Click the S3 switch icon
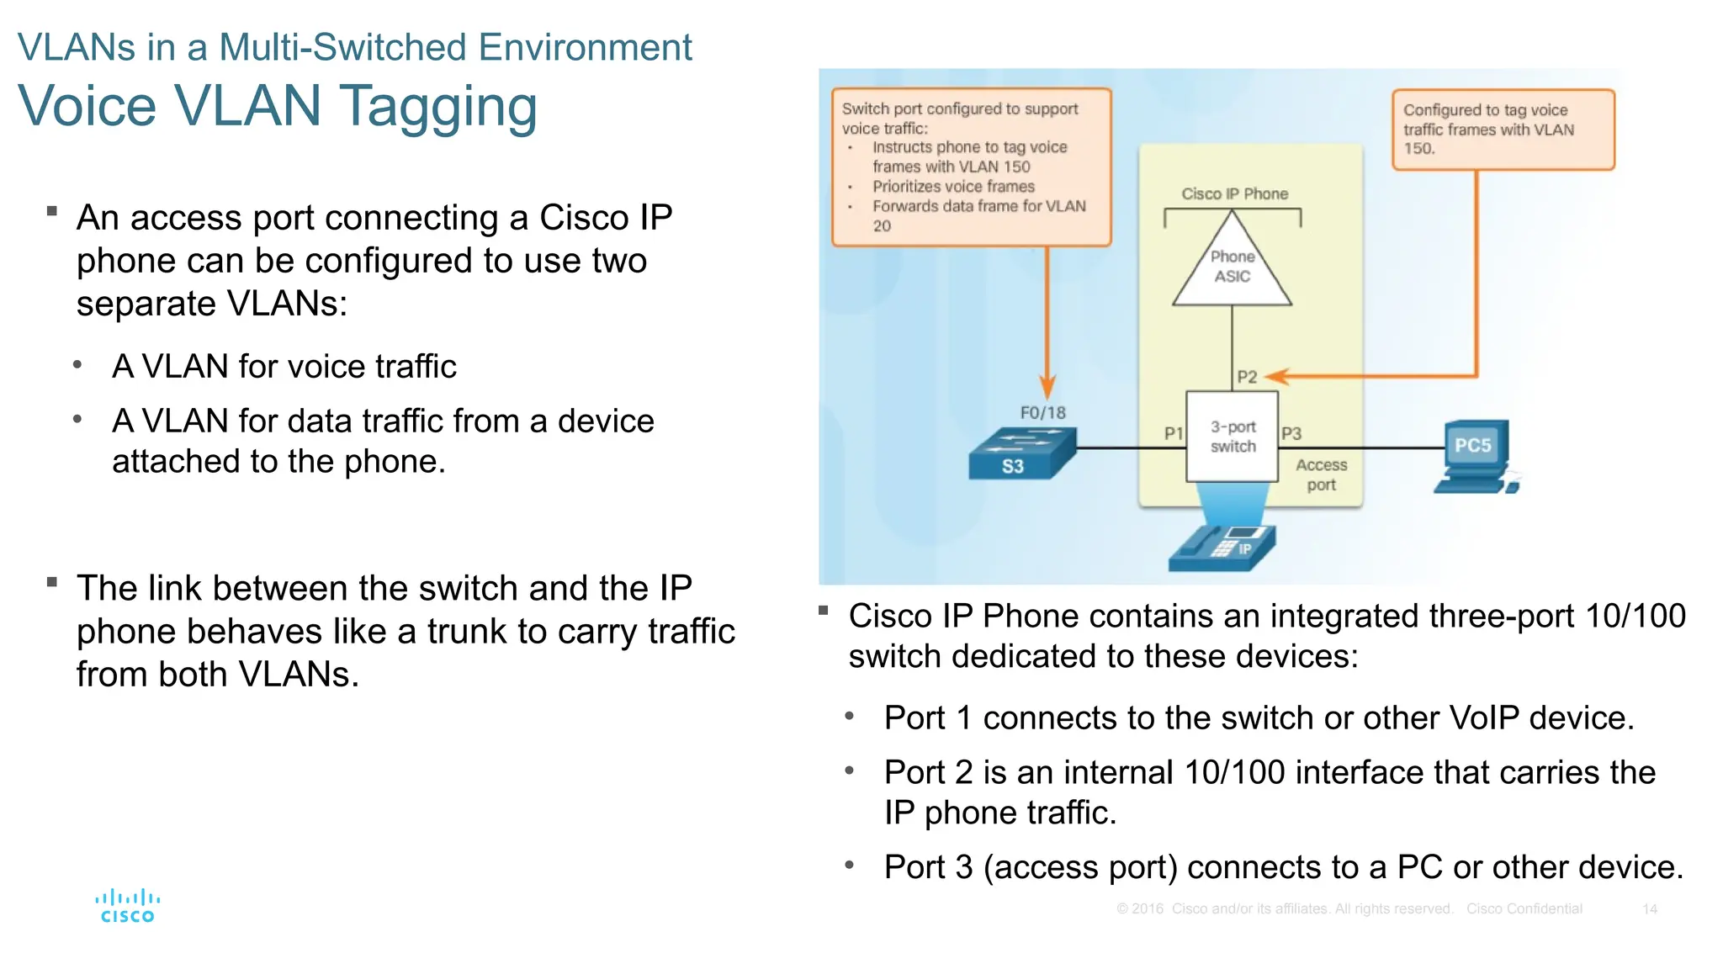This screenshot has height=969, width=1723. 1021,454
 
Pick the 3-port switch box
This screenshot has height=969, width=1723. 1232,437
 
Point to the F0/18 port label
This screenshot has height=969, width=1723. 1042,412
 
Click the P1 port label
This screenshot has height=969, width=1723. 1173,433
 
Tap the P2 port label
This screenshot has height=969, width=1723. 1246,377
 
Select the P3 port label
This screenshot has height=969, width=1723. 1291,433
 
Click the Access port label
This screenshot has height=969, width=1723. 1321,474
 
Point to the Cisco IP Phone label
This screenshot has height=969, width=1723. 1234,193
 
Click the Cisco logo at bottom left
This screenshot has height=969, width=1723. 127,906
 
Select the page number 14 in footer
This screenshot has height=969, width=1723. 1649,909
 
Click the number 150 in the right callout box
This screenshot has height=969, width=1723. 1418,149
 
